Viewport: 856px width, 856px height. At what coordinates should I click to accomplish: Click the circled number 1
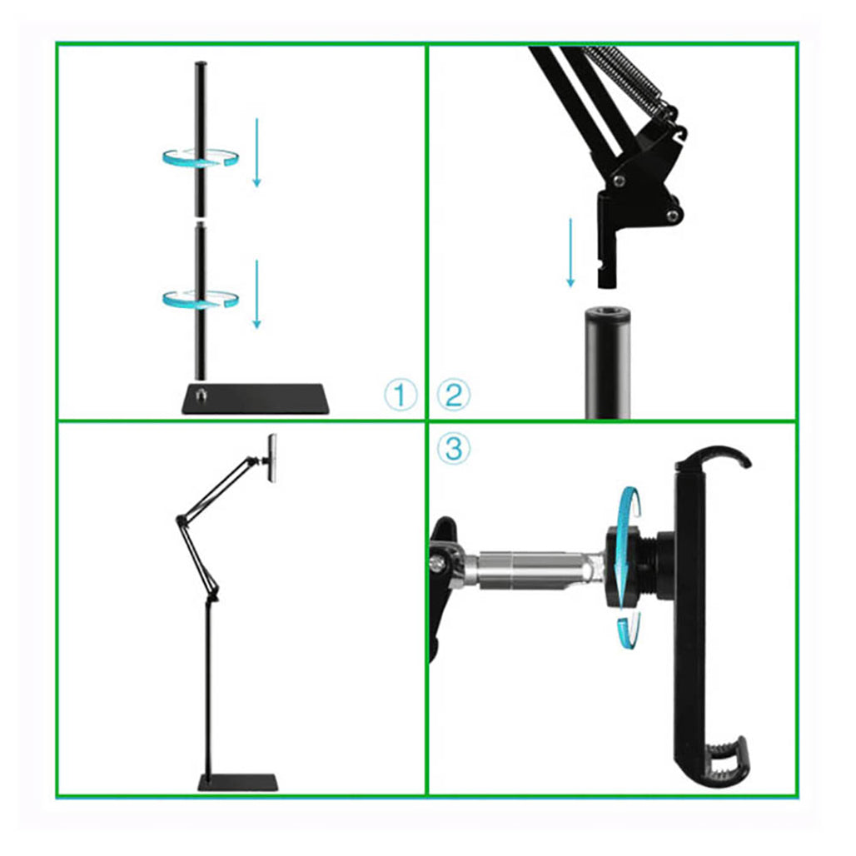point(401,395)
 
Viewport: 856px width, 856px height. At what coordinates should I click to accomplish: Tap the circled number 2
point(454,395)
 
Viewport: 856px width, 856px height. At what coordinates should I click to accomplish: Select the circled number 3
point(454,449)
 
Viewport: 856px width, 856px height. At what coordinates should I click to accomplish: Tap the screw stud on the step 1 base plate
point(201,391)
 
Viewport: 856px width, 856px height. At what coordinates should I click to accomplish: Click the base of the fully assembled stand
point(237,783)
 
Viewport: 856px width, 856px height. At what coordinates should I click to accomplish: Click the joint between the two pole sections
point(201,222)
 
